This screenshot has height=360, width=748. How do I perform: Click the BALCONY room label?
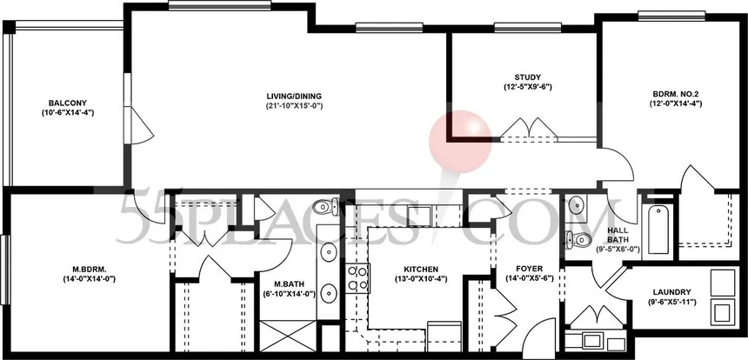coord(67,103)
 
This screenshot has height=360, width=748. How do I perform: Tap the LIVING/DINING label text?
coord(294,95)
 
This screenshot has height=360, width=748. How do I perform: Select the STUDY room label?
coord(528,77)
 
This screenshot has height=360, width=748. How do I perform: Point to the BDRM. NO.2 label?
coord(676,94)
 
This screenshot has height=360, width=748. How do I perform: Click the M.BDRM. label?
coord(90,269)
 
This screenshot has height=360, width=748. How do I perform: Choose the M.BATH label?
coord(290,284)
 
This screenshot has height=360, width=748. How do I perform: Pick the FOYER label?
coord(530,269)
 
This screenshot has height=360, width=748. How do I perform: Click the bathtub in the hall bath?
coord(658,229)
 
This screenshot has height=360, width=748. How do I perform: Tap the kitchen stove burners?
coord(357,278)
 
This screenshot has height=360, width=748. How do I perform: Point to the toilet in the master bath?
coord(326,206)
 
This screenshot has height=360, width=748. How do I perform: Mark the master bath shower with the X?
coord(288,336)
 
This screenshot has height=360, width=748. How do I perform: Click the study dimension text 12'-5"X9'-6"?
coord(528,87)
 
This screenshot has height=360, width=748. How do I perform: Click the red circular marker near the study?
coord(460,142)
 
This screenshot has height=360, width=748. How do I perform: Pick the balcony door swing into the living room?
coord(142,126)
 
